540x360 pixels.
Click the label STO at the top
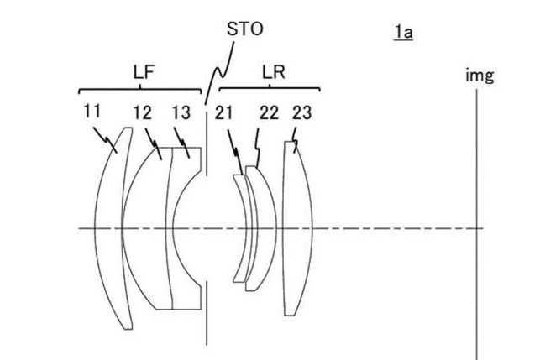[x=245, y=29]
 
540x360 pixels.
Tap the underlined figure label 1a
[x=403, y=33]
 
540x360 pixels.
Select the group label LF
[x=144, y=72]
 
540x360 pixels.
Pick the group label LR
[x=274, y=72]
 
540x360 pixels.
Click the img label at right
[x=480, y=76]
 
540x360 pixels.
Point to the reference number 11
[x=92, y=111]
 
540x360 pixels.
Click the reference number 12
[x=143, y=113]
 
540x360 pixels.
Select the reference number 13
[x=181, y=112]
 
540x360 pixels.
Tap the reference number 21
[x=223, y=113]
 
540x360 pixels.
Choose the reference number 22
[x=269, y=113]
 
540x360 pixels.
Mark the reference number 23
[x=302, y=112]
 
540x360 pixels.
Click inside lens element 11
[x=109, y=228]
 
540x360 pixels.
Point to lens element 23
[x=296, y=228]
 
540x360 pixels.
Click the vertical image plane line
[x=477, y=225]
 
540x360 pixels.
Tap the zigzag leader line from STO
[x=219, y=73]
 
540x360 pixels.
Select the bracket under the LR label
[x=270, y=88]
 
